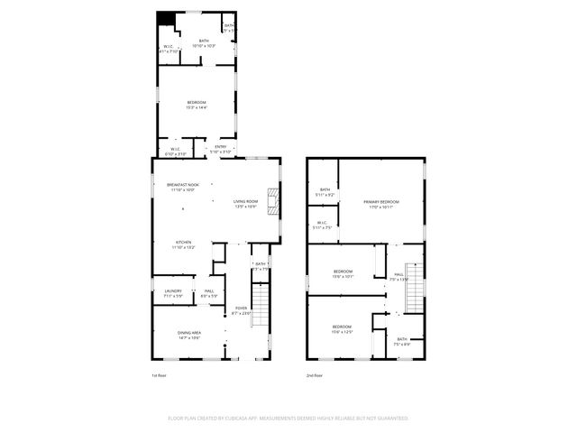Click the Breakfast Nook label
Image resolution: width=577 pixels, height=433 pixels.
[183, 186]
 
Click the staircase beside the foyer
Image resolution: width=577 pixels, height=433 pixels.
[260, 304]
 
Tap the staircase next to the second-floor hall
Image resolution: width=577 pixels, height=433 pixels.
[416, 289]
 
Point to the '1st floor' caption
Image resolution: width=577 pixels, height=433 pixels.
[159, 375]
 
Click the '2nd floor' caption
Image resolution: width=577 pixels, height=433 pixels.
[315, 375]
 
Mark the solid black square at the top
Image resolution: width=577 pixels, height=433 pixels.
[164, 18]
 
